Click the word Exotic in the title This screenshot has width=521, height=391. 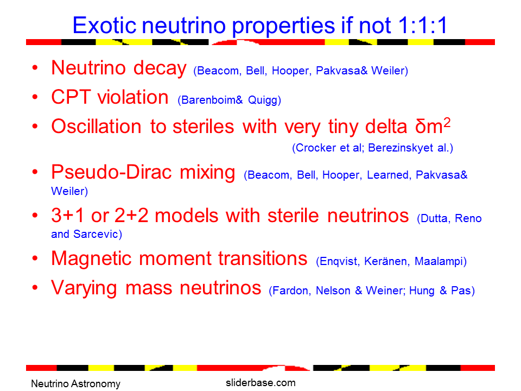[x=104, y=26]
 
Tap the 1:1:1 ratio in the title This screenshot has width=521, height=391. [x=423, y=26]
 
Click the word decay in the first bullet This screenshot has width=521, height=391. [x=160, y=68]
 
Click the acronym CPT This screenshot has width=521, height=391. [x=71, y=97]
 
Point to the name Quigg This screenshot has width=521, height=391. [x=264, y=100]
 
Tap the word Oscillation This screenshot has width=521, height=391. [x=97, y=127]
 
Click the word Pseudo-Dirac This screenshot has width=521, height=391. [x=112, y=172]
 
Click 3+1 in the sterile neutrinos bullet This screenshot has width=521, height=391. [x=67, y=216]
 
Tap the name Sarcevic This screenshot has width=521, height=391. [x=98, y=234]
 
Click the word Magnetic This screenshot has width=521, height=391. [x=91, y=259]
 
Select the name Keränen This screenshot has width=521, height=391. [x=387, y=261]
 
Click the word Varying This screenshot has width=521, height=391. [x=84, y=288]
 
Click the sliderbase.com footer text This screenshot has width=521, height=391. [x=260, y=383]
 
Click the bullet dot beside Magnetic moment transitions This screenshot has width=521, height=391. [x=35, y=258]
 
